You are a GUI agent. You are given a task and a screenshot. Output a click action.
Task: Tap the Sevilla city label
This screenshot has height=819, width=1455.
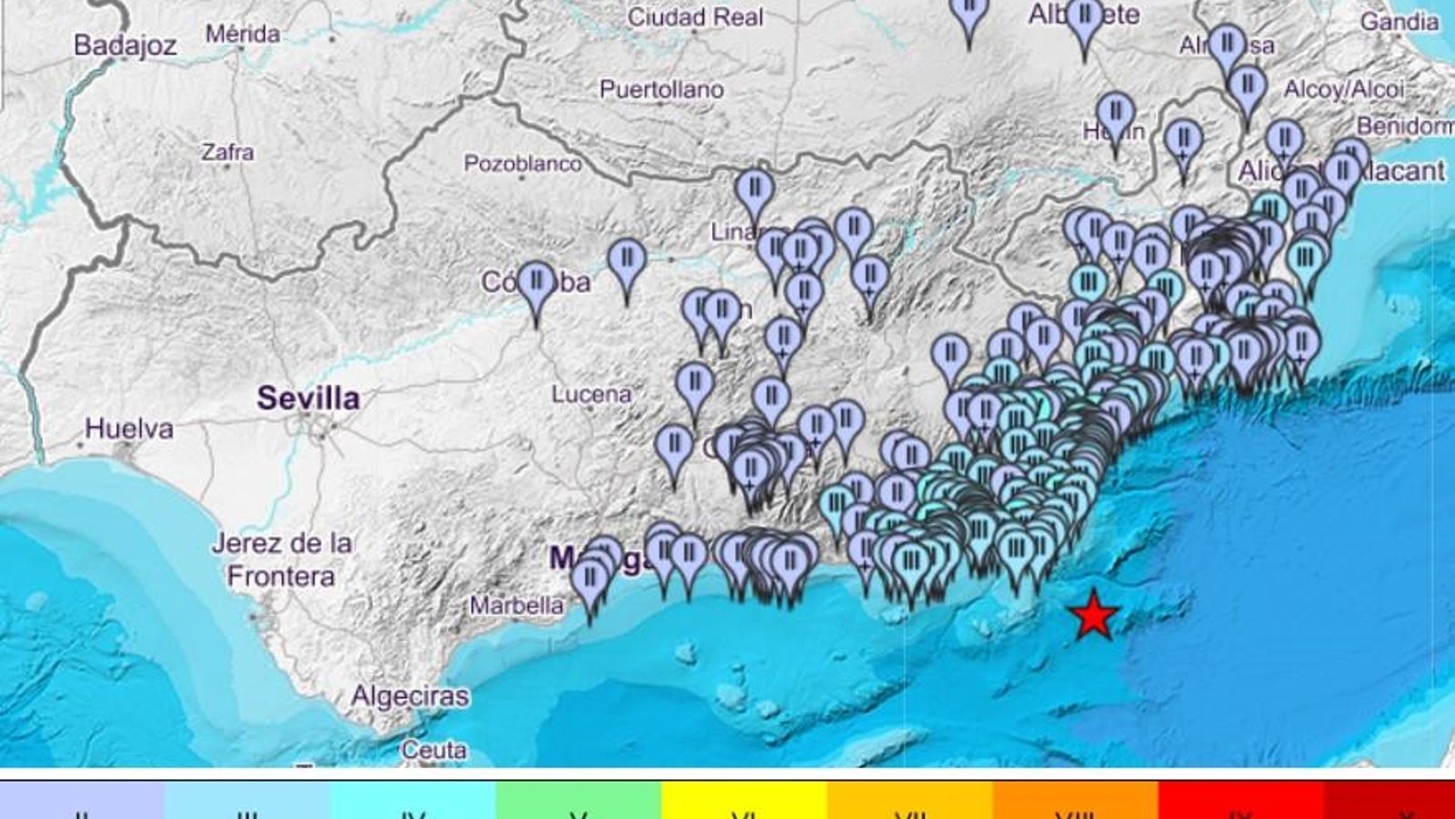coord(307,398)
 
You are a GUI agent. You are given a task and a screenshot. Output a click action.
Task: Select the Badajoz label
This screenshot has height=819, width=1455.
coord(125,45)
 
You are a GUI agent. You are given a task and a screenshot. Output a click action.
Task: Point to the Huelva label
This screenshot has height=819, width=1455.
coord(129,428)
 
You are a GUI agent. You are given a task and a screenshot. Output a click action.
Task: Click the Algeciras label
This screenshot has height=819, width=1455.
coord(410,696)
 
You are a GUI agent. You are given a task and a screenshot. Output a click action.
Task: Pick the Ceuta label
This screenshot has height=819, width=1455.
coord(434,750)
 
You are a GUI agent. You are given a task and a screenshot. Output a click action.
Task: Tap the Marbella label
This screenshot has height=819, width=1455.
coord(516,605)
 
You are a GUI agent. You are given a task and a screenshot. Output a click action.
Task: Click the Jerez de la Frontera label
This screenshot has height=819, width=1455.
coord(281,560)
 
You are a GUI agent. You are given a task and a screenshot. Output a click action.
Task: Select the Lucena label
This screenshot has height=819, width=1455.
coord(591,394)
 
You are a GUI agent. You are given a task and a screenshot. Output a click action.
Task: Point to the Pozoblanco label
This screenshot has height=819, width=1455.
coord(522,164)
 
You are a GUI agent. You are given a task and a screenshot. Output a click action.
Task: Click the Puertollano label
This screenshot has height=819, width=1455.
coord(661,89)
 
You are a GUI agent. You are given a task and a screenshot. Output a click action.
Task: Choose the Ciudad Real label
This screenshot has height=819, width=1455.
coord(695,16)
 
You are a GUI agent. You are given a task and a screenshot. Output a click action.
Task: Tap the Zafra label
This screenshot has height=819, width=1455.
coord(227,151)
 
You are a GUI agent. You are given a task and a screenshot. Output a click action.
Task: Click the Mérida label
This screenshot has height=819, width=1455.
coord(242,34)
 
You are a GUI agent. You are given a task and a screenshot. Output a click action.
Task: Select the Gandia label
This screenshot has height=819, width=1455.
coord(1399,21)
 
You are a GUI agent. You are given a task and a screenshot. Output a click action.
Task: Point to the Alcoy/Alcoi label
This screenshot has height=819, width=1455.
coord(1343,88)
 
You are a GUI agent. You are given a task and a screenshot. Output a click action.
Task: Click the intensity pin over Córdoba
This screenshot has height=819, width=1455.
coord(537,282)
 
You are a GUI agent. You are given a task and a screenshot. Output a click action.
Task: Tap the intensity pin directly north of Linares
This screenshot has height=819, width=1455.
coord(754,189)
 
